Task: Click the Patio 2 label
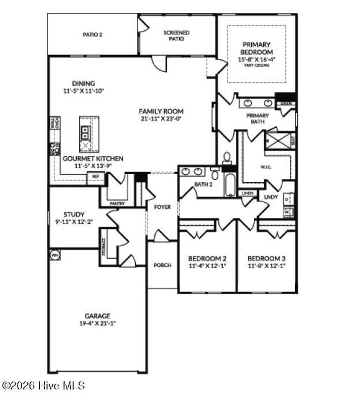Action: tap(92, 35)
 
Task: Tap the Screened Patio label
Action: tap(176, 36)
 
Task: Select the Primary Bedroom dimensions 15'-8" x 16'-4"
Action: tap(257, 59)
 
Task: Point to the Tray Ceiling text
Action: tap(257, 65)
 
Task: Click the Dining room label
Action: tap(83, 83)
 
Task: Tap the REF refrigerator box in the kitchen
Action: tap(96, 177)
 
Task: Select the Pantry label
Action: tap(117, 203)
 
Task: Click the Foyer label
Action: tap(162, 207)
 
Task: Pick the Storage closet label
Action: tap(104, 247)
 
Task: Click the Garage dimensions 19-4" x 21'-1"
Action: tap(97, 323)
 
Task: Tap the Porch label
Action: tap(162, 265)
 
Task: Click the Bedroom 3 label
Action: tap(266, 258)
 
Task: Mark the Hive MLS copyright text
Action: tap(43, 385)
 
